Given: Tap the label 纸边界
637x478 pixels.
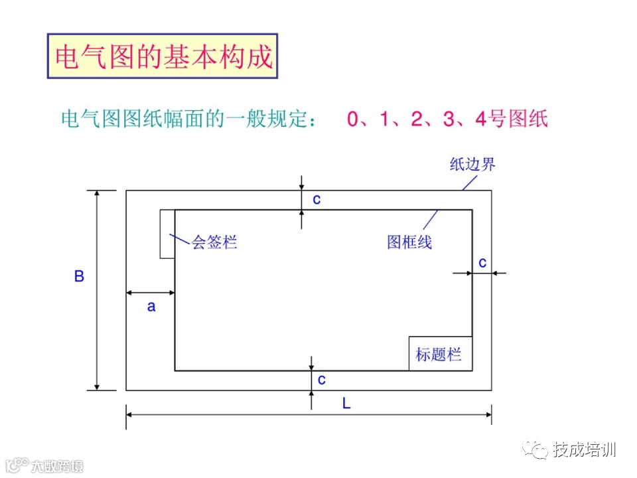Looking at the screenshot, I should coord(472,165).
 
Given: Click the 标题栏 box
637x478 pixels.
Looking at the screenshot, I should coord(440,354).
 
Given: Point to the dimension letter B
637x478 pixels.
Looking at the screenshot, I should coord(79,276).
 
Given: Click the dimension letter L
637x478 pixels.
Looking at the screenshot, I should coord(346,403).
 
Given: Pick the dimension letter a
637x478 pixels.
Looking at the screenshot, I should coord(151,307).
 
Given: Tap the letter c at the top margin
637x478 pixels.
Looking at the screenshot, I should coord(317,199).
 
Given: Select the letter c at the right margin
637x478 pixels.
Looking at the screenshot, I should coord(482,263).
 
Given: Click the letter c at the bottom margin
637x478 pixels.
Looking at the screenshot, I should coord(322,380).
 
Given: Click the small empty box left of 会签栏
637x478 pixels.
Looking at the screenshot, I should coord(167,234).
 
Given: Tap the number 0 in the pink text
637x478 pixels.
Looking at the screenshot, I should coord(353,120).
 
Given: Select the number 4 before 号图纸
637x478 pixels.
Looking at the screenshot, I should coord(481,120).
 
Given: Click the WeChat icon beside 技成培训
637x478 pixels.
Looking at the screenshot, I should coord(534,450).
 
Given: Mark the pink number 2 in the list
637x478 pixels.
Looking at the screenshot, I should coord(417,120).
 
